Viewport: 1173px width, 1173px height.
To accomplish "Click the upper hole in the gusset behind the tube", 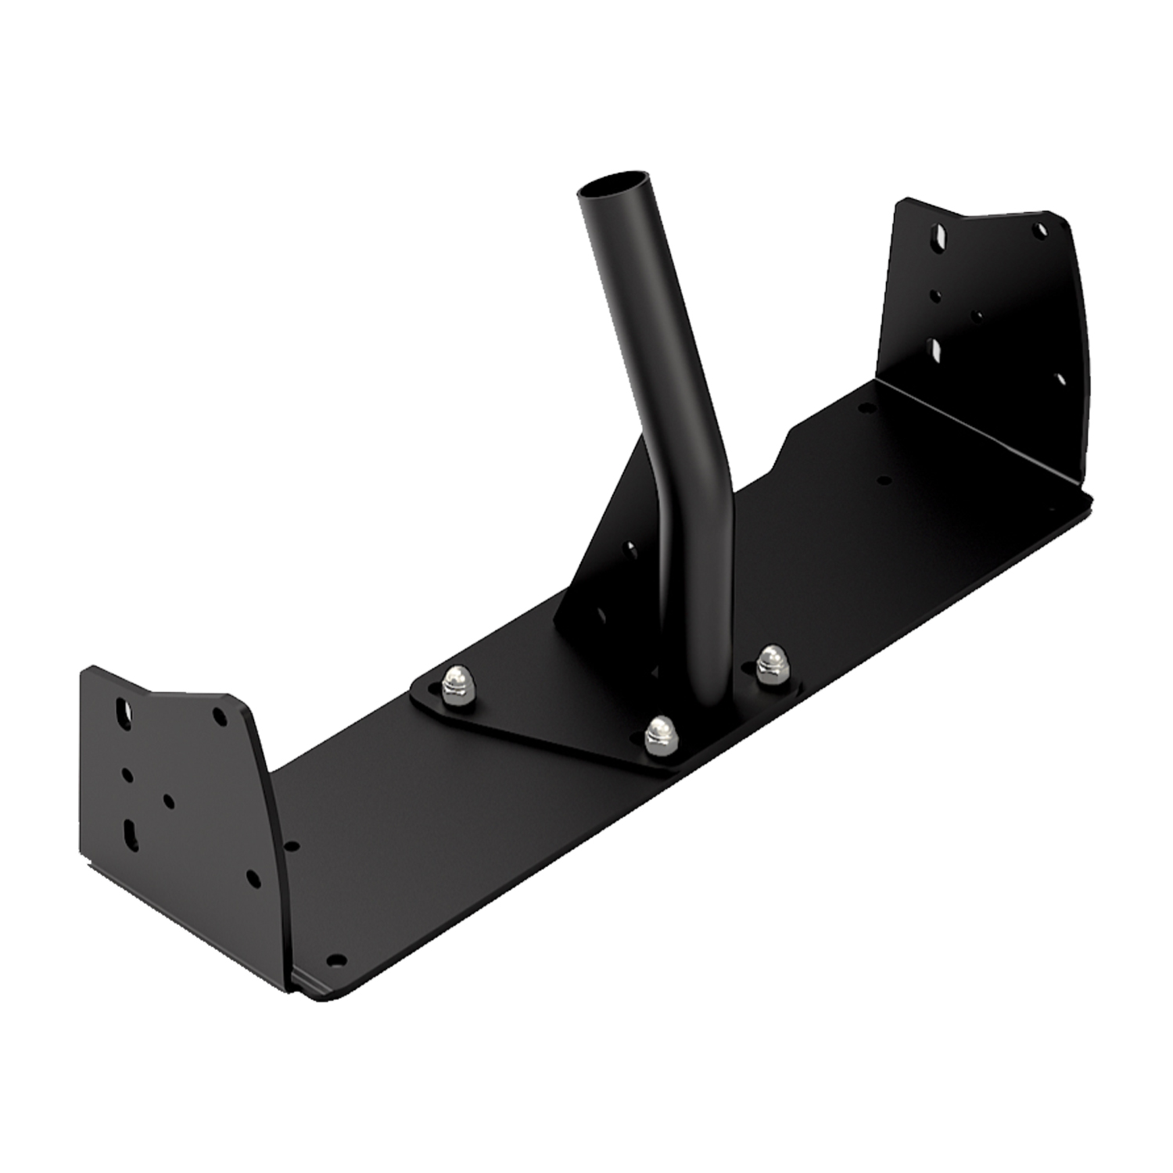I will coord(630,548).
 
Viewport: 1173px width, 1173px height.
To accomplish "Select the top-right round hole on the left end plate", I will coord(221,716).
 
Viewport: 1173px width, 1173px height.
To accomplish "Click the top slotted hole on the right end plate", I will coord(938,235).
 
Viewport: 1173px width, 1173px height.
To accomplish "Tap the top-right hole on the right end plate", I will coord(1039,231).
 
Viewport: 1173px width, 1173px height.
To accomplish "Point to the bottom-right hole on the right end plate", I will coord(1060,380).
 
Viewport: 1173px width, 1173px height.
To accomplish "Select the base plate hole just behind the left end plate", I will coord(292,846).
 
